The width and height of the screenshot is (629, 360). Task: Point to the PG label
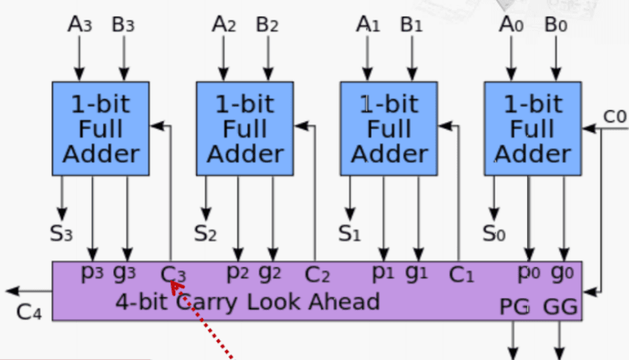(516, 307)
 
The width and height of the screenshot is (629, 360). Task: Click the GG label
(561, 307)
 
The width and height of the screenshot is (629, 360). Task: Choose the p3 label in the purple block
(92, 272)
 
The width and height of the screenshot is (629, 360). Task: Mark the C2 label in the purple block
(317, 274)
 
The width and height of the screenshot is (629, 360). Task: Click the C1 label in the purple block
(461, 274)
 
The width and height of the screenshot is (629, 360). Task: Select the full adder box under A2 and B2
(244, 128)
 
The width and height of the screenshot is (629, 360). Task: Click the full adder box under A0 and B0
(533, 128)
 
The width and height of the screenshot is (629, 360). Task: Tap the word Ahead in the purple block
(346, 302)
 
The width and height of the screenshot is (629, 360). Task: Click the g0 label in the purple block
(563, 272)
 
